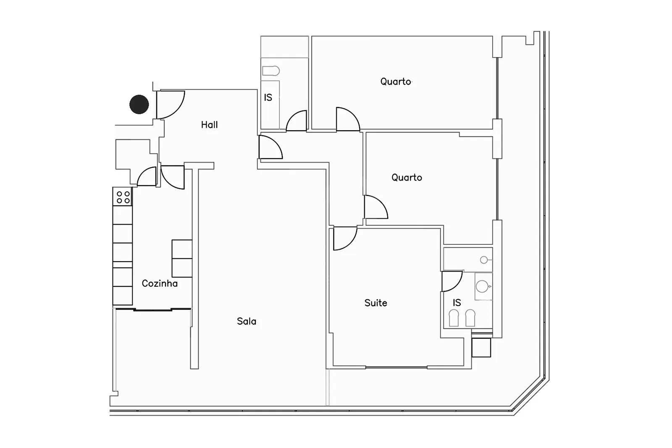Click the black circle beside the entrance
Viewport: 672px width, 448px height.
click(139, 105)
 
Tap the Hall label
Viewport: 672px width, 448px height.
click(210, 125)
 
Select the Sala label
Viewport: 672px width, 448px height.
click(247, 322)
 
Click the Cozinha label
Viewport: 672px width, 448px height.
click(160, 283)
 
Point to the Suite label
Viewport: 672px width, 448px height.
click(376, 303)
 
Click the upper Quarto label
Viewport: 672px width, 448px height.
click(396, 81)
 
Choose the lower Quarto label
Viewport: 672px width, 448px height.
click(407, 178)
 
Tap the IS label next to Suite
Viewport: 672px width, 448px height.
click(457, 303)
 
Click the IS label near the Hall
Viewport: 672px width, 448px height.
click(268, 97)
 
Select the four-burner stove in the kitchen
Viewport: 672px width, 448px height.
click(123, 197)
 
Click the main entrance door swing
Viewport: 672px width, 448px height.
click(171, 105)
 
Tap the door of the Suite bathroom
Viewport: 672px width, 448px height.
click(452, 281)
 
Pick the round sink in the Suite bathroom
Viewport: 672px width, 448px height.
click(483, 286)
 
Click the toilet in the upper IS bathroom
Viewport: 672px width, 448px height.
click(271, 71)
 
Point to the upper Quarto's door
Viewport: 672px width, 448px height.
click(348, 119)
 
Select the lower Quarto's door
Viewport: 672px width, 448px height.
click(376, 207)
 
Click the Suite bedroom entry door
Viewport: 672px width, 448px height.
click(345, 238)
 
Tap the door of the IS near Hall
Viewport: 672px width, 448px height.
click(297, 121)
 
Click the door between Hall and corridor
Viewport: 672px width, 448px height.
click(270, 147)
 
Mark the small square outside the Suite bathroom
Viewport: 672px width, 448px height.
click(481, 348)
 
